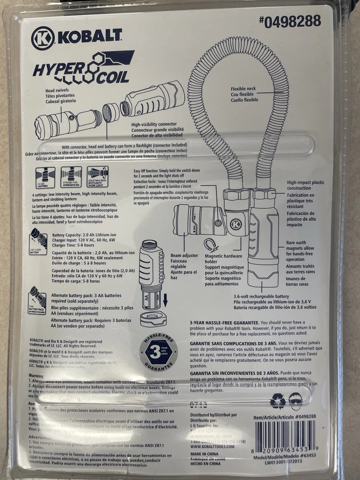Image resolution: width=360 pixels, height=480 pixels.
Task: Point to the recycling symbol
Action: [x=277, y=400]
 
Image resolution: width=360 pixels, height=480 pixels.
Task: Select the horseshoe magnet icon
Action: [x=210, y=245]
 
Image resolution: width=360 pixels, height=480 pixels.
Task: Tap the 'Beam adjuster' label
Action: [x=184, y=255]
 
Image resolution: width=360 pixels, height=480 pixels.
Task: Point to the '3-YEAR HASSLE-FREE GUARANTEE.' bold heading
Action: [x=224, y=323]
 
